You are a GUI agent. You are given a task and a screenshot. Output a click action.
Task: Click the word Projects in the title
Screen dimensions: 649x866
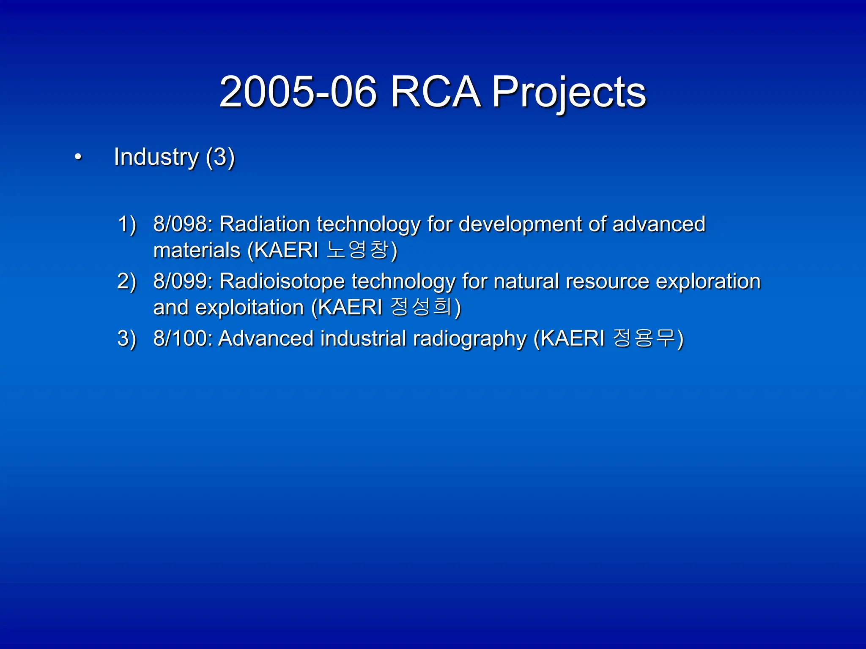569,92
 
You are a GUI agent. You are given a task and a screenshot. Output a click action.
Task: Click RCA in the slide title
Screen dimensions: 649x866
436,92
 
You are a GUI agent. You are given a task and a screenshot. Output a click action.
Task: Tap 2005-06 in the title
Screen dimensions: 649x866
298,92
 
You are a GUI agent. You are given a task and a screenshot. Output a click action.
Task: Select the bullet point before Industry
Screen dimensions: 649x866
78,158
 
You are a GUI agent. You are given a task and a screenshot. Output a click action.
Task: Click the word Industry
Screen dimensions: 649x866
156,157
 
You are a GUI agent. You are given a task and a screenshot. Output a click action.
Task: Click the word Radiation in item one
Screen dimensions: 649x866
265,224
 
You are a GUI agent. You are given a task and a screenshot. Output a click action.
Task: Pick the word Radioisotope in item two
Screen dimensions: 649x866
282,281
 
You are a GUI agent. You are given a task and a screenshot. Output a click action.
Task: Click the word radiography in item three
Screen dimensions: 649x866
470,339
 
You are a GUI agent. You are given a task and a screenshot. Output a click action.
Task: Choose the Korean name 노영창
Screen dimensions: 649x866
358,250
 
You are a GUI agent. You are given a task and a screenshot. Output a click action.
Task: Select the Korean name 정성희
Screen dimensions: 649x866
421,307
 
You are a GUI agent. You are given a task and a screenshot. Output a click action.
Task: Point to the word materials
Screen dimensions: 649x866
197,250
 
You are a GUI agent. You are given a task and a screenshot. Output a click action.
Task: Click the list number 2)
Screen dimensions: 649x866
126,281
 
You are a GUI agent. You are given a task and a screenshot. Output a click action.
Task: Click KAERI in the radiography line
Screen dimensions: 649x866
573,338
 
